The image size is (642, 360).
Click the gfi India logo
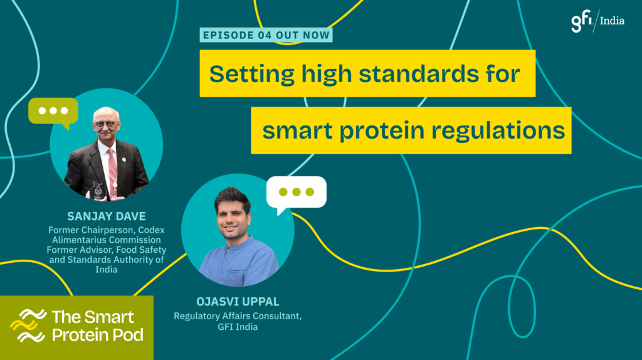[x=597, y=21]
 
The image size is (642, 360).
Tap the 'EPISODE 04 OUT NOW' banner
[x=266, y=35]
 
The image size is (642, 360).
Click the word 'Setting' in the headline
[x=252, y=75]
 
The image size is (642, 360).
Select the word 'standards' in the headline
[x=419, y=74]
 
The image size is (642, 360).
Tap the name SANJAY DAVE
[x=107, y=216]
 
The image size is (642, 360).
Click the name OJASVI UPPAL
[x=238, y=302]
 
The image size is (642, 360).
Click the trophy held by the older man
[x=98, y=191]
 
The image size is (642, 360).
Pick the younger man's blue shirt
[x=239, y=262]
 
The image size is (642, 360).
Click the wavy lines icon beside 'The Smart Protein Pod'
[x=28, y=326]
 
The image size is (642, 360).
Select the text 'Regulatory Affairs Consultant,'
[x=238, y=316]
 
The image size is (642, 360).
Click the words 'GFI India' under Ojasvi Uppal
[x=238, y=327]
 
